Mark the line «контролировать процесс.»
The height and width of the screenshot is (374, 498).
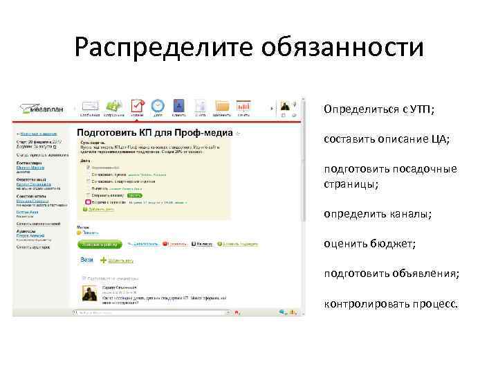[391, 305]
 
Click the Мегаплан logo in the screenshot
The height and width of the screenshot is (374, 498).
[41, 109]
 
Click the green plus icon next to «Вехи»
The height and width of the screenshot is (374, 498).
[104, 260]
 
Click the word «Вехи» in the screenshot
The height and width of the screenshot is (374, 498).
[86, 260]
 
